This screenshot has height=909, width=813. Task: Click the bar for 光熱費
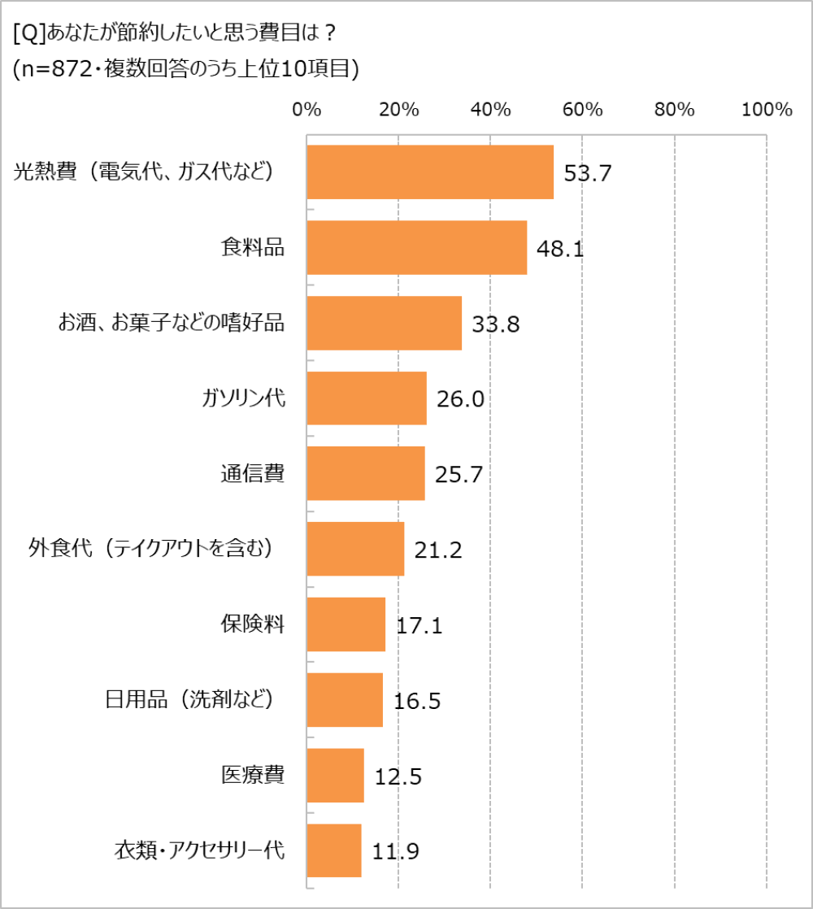pos(430,172)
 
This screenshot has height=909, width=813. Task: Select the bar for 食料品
pos(417,247)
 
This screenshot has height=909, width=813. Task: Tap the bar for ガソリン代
pos(367,398)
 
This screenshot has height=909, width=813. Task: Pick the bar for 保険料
pos(346,624)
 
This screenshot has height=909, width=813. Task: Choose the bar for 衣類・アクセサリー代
pos(334,850)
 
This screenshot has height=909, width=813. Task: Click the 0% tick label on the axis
pos(307,111)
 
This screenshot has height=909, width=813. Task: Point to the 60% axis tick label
pos(582,111)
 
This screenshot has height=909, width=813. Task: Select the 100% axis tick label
pos(766,111)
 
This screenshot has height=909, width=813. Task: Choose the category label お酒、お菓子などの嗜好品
pos(171,323)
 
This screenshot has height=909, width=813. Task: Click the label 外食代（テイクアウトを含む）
pos(150,549)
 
